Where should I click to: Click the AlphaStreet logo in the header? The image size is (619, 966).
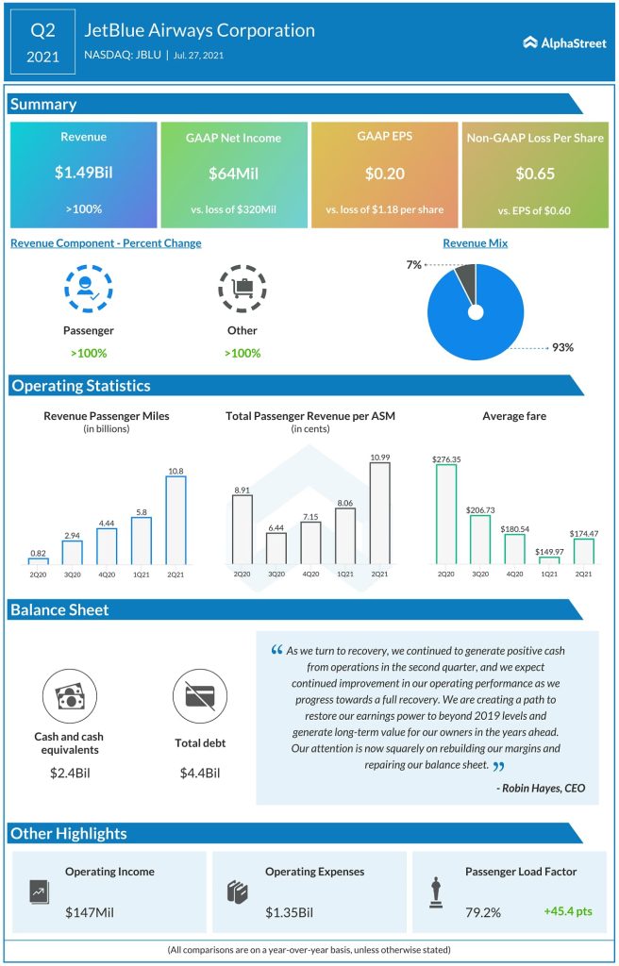(x=563, y=42)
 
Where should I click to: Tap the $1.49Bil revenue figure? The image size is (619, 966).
(x=83, y=174)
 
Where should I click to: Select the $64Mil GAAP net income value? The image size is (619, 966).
(x=234, y=174)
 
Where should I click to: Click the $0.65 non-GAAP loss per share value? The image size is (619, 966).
(x=535, y=174)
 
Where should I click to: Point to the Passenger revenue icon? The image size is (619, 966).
(x=89, y=289)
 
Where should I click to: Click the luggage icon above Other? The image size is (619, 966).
(x=242, y=289)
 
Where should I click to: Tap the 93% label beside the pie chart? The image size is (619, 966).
(x=563, y=347)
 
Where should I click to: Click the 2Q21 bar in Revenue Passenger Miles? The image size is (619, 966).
(x=176, y=518)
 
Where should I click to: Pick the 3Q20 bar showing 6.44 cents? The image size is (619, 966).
(x=276, y=548)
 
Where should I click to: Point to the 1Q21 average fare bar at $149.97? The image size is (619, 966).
(x=549, y=559)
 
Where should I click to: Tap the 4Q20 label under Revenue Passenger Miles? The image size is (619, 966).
(x=107, y=573)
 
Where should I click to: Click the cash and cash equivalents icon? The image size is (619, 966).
(x=70, y=696)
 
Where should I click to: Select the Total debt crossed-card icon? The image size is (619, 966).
(x=199, y=696)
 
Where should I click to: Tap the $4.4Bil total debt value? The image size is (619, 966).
(x=199, y=774)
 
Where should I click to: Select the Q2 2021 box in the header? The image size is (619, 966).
(x=43, y=42)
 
